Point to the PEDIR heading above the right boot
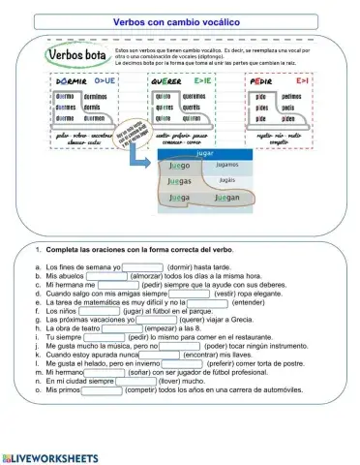point(264,83)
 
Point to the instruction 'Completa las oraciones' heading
point(140,251)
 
